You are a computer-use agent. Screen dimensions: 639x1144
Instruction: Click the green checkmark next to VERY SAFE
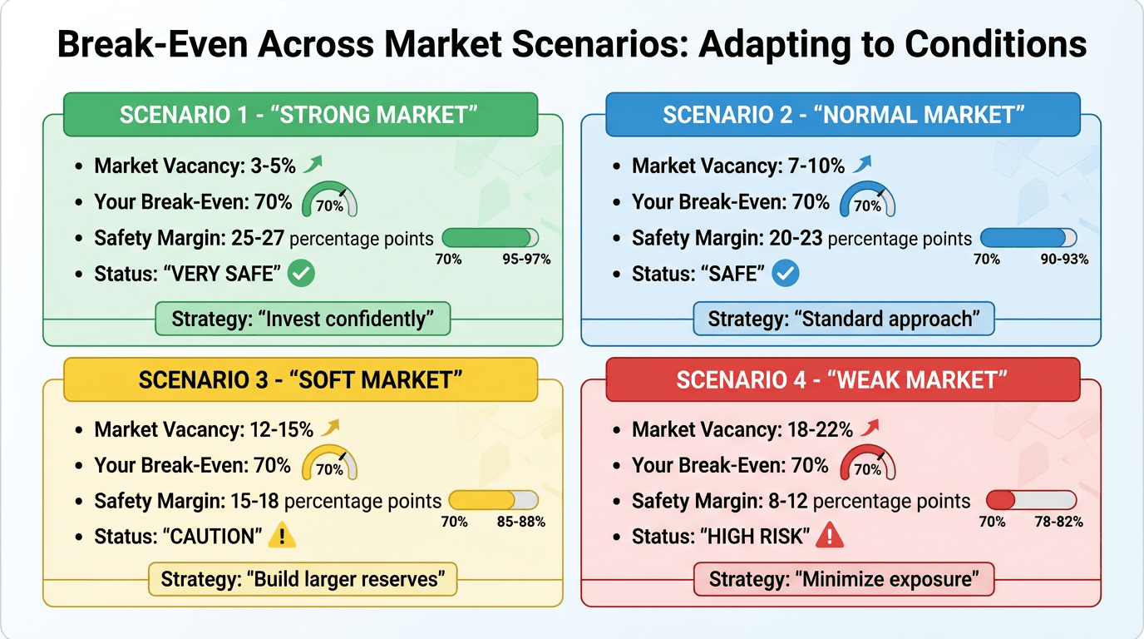click(x=301, y=272)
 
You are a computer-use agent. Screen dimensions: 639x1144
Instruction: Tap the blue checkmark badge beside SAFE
click(x=786, y=272)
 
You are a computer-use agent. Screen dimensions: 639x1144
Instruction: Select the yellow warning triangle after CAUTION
click(x=282, y=536)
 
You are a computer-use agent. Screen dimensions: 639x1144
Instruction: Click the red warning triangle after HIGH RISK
click(x=830, y=536)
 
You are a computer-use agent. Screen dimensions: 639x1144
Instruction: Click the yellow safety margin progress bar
click(x=493, y=500)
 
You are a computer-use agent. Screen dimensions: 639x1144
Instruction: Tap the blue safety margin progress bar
click(x=1028, y=238)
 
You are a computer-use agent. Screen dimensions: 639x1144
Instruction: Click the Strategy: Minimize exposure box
click(x=844, y=578)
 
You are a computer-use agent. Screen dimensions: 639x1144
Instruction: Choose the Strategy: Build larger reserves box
click(x=303, y=578)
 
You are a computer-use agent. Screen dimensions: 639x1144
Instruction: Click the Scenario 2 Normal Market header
click(x=842, y=115)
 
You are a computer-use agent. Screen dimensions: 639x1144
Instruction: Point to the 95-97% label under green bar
click(x=526, y=259)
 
